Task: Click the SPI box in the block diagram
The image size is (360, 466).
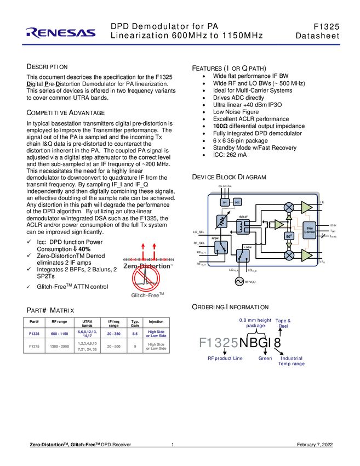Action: [x=225, y=202]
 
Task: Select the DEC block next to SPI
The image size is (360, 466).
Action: [x=237, y=202]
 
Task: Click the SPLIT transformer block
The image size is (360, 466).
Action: [x=243, y=226]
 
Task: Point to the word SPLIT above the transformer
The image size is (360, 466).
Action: [x=243, y=217]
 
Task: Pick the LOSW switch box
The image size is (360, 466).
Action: [x=243, y=255]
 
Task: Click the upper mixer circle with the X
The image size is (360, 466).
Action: [x=289, y=207]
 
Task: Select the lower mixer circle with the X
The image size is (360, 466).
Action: [x=289, y=255]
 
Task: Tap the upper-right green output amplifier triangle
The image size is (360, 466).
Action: [x=306, y=207]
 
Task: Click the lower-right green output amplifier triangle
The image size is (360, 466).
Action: [x=306, y=255]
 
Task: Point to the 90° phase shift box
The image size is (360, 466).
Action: [x=289, y=236]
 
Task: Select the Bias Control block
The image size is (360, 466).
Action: [x=310, y=230]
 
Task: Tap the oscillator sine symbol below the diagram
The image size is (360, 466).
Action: [x=239, y=281]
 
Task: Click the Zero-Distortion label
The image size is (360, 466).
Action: [x=148, y=266]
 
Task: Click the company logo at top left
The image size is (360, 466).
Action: [x=60, y=33]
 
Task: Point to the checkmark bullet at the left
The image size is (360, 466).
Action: [x=30, y=242]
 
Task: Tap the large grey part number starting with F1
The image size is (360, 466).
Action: [x=218, y=343]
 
